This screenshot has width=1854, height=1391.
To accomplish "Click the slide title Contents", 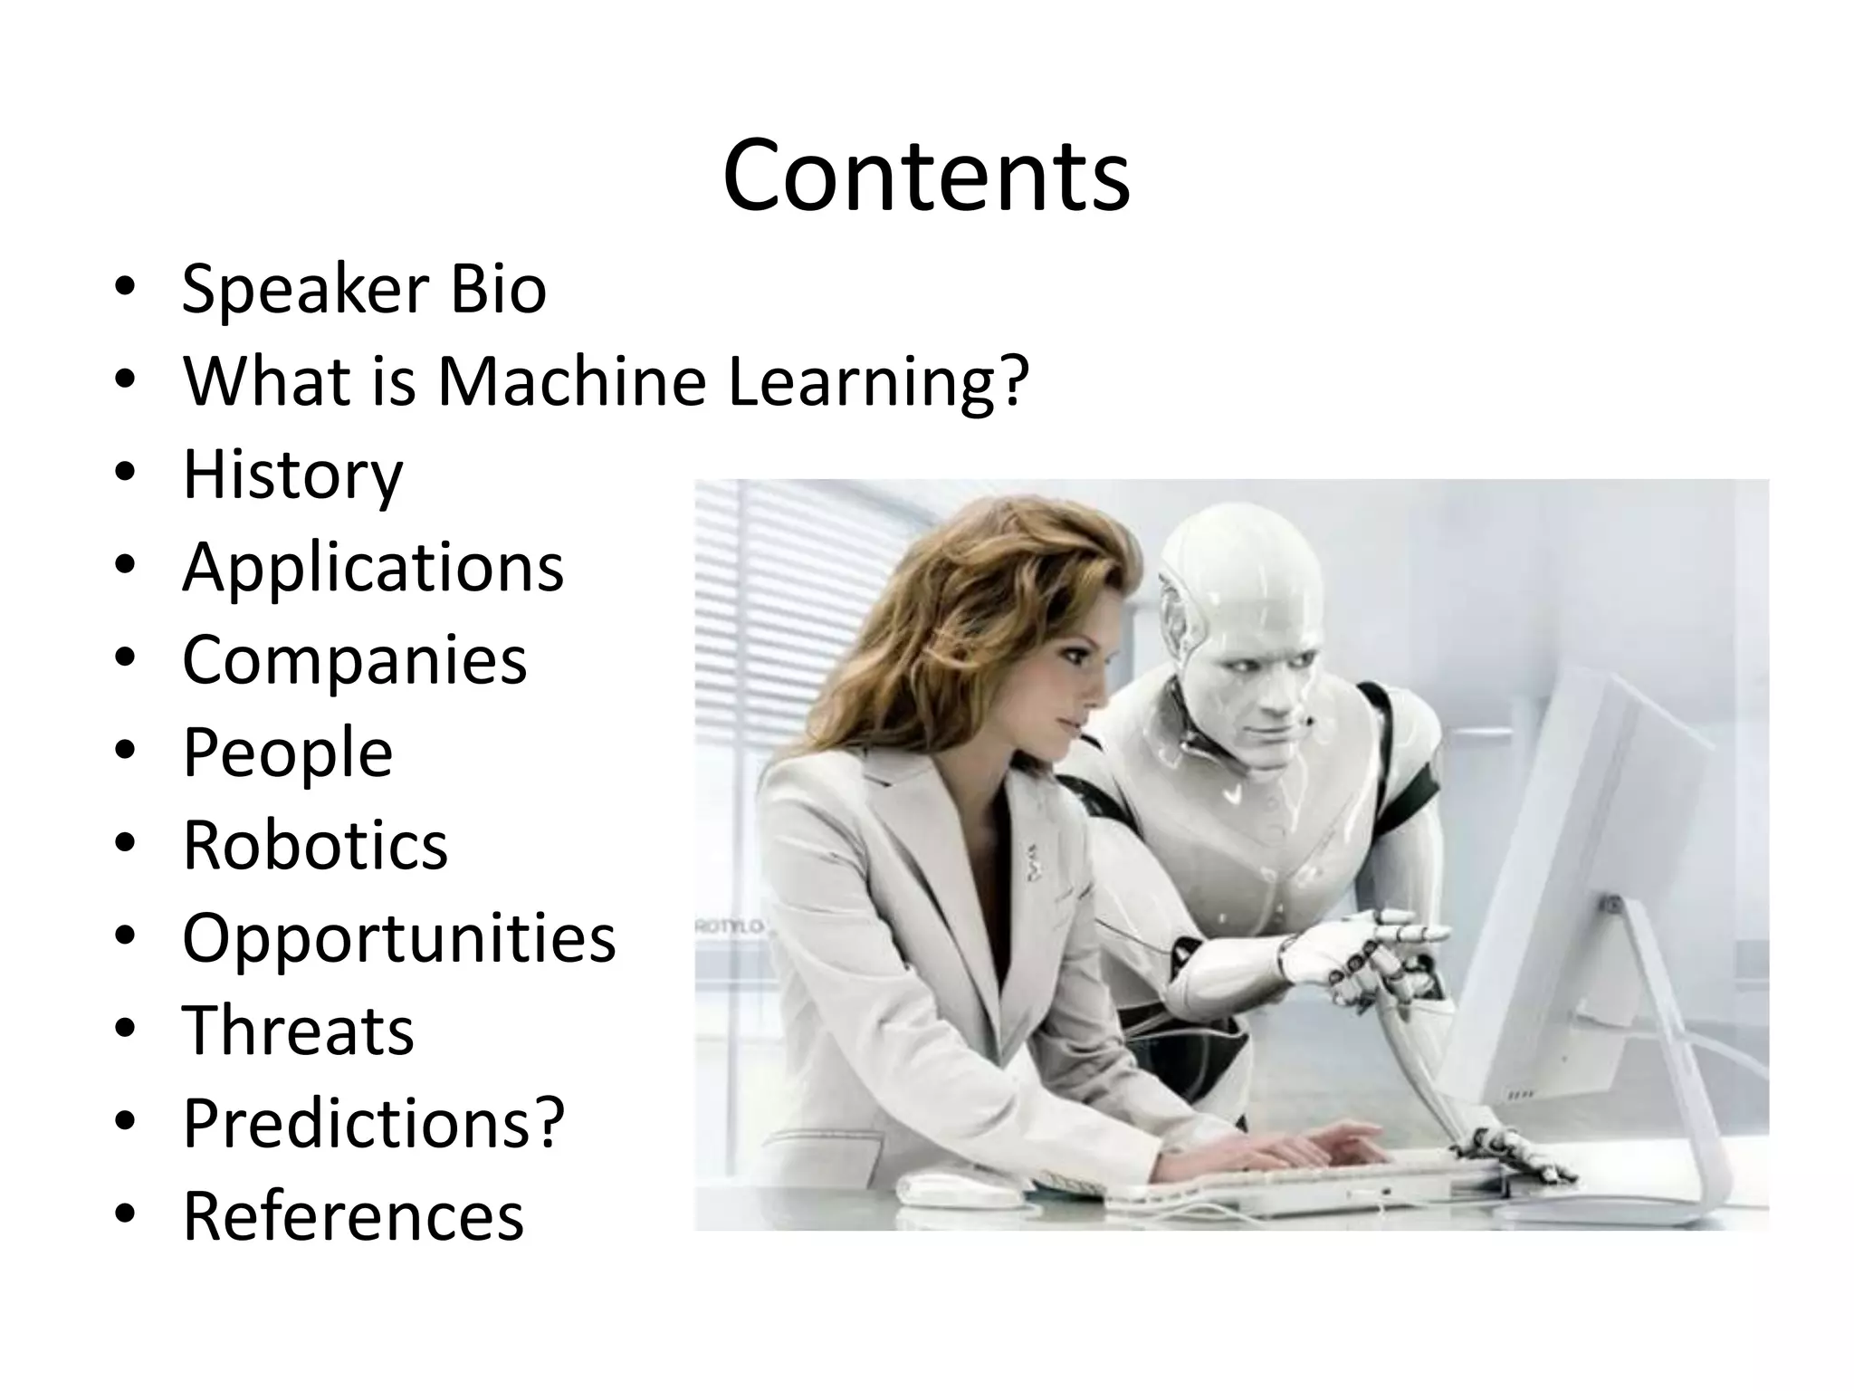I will point(926,175).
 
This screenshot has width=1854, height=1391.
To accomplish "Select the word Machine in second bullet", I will point(571,381).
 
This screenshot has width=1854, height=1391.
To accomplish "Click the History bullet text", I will point(292,475).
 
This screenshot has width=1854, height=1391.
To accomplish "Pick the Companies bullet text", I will point(354,659).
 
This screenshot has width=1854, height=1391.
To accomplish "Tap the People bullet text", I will point(288,753).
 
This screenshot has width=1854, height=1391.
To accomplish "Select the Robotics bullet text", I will point(315,845).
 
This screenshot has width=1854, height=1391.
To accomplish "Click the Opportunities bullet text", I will point(398,938).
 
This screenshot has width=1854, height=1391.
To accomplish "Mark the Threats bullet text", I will point(298,1031).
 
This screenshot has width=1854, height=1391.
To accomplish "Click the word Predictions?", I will point(374,1124).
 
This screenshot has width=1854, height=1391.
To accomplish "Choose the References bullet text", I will point(353,1216).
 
